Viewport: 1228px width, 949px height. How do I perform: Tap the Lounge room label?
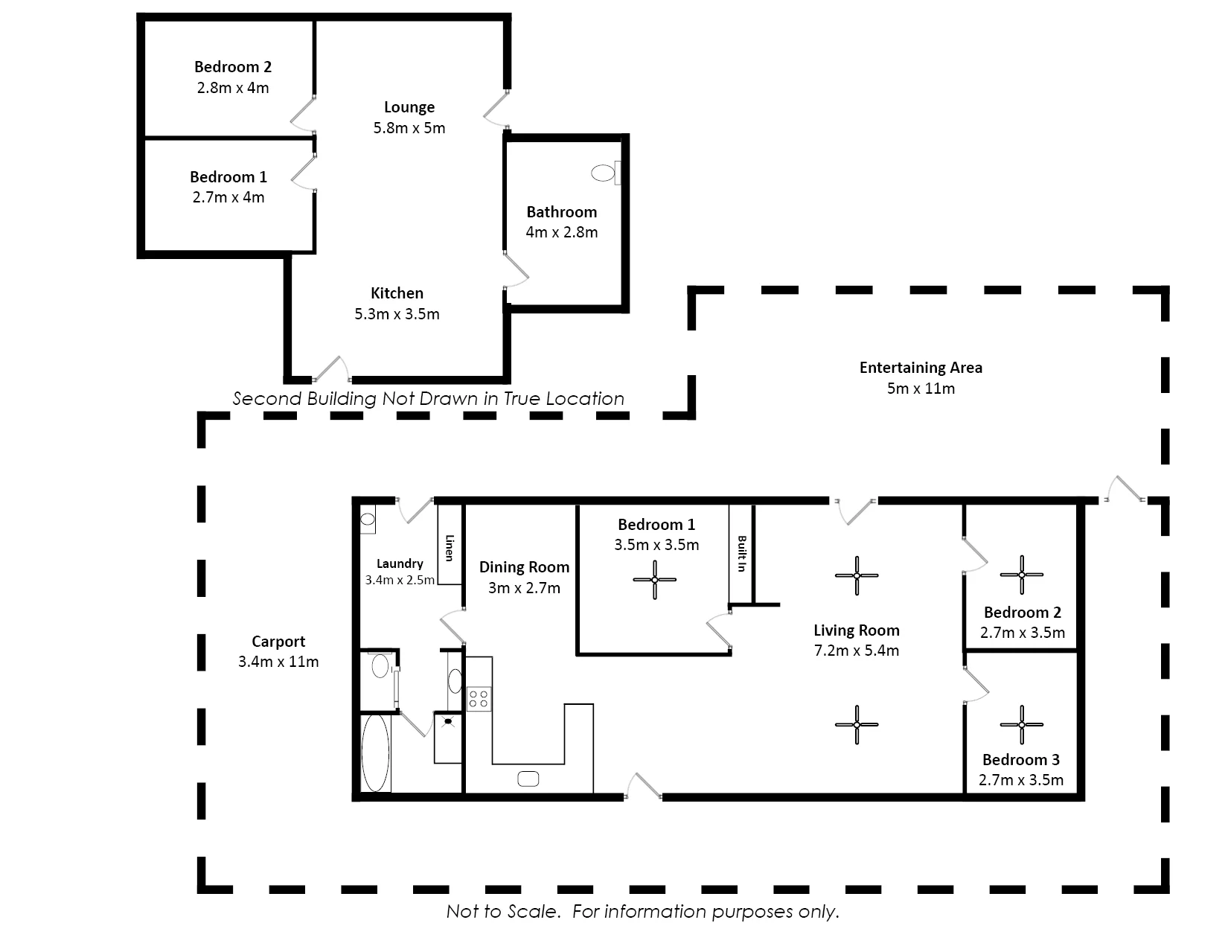pyautogui.click(x=409, y=107)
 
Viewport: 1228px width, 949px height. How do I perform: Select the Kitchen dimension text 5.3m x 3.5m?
pyautogui.click(x=397, y=313)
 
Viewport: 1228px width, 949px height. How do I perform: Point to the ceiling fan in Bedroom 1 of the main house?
pyautogui.click(x=654, y=579)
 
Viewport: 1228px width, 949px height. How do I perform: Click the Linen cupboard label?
pyautogui.click(x=450, y=548)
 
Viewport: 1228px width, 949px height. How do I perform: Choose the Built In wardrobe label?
pyautogui.click(x=742, y=553)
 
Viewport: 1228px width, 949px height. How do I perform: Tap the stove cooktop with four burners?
pyautogui.click(x=479, y=699)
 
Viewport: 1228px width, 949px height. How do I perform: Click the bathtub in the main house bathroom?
pyautogui.click(x=375, y=753)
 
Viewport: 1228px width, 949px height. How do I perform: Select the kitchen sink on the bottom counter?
pyautogui.click(x=528, y=779)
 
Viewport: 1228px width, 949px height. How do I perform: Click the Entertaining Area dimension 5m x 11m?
pyautogui.click(x=921, y=389)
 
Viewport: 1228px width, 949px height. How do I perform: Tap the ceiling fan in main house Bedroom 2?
pyautogui.click(x=1021, y=575)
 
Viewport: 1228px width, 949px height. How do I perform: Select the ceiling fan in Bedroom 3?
pyautogui.click(x=1021, y=725)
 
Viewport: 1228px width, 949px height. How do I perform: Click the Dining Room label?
pyautogui.click(x=525, y=567)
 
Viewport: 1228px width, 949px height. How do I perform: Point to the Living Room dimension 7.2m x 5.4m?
pyautogui.click(x=856, y=651)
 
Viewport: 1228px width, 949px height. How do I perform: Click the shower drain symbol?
pyautogui.click(x=448, y=721)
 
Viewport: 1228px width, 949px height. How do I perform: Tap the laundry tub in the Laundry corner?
pyautogui.click(x=368, y=520)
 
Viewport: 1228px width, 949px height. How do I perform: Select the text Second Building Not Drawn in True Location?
pyautogui.click(x=429, y=398)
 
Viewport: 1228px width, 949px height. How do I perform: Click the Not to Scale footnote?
pyautogui.click(x=642, y=911)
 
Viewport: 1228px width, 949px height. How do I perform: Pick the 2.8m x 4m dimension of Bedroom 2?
pyautogui.click(x=233, y=88)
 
